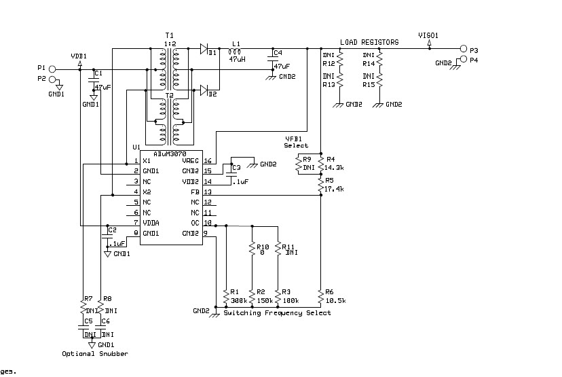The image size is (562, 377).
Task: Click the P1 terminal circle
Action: click(x=51, y=69)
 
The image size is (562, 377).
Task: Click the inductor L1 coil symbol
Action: click(x=236, y=51)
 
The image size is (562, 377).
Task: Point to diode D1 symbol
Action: click(x=205, y=48)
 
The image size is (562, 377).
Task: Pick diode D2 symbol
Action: click(x=205, y=90)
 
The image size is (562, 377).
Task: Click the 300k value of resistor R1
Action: click(x=239, y=300)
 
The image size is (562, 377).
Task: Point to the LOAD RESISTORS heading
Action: click(x=369, y=42)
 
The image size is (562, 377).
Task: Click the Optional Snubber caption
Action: click(x=94, y=353)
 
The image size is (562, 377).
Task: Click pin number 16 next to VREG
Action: click(x=208, y=161)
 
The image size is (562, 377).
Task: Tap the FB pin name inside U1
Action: click(x=195, y=192)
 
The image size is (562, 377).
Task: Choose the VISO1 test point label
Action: click(x=428, y=34)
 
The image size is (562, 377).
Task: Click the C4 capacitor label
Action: click(x=277, y=52)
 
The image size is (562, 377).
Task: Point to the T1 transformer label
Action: click(x=169, y=35)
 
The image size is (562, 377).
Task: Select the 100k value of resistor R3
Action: click(x=291, y=300)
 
